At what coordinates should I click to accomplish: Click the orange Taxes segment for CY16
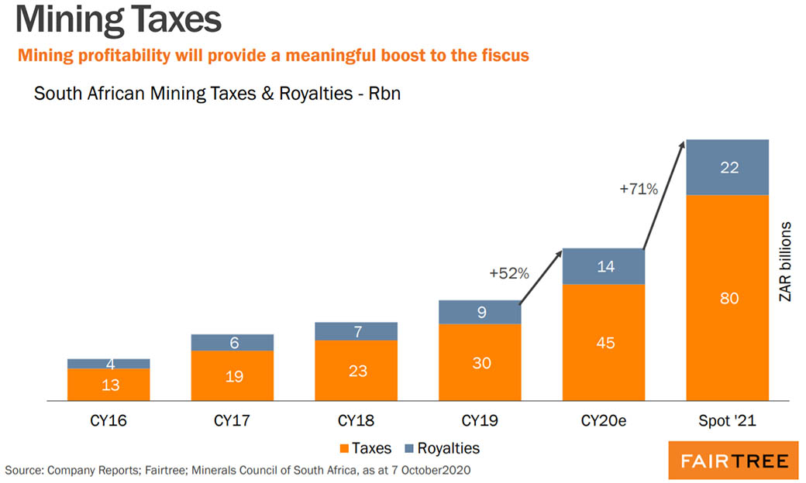pyautogui.click(x=108, y=385)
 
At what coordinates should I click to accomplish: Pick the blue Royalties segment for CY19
pyautogui.click(x=480, y=312)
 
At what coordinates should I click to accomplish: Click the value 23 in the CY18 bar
pyautogui.click(x=357, y=371)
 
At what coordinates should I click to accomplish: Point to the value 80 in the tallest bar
pyautogui.click(x=729, y=298)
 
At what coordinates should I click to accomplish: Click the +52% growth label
pyautogui.click(x=509, y=272)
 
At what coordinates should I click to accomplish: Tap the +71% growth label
pyautogui.click(x=638, y=188)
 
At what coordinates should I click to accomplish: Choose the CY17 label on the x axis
pyautogui.click(x=233, y=422)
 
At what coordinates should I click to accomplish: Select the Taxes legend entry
pyautogui.click(x=364, y=448)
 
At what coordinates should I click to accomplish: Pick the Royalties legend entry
pyautogui.click(x=441, y=448)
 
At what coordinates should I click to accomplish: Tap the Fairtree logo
pyautogui.click(x=733, y=462)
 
